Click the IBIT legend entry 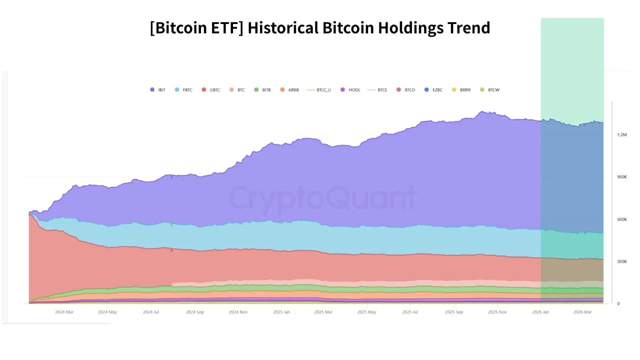pyautogui.click(x=157, y=90)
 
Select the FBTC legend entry pyautogui.click(x=183, y=90)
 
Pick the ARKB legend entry pyautogui.click(x=289, y=90)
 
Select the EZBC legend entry pyautogui.click(x=433, y=90)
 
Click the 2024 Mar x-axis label pyautogui.click(x=64, y=312)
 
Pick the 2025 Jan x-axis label pyautogui.click(x=281, y=312)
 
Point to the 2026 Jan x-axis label pyautogui.click(x=540, y=312)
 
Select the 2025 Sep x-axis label pyautogui.click(x=454, y=312)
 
